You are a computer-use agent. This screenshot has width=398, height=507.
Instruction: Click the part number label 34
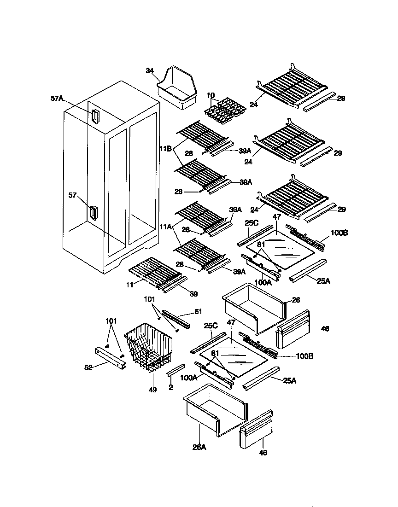click(x=149, y=70)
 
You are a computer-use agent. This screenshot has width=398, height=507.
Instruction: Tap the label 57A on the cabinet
click(x=58, y=98)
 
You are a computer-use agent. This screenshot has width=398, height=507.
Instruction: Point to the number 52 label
click(x=88, y=367)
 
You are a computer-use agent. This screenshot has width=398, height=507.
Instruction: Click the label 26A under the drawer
click(x=199, y=446)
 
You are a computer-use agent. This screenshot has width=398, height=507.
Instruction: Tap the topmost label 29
click(x=340, y=98)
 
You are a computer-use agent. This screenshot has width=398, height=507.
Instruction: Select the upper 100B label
click(x=339, y=233)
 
